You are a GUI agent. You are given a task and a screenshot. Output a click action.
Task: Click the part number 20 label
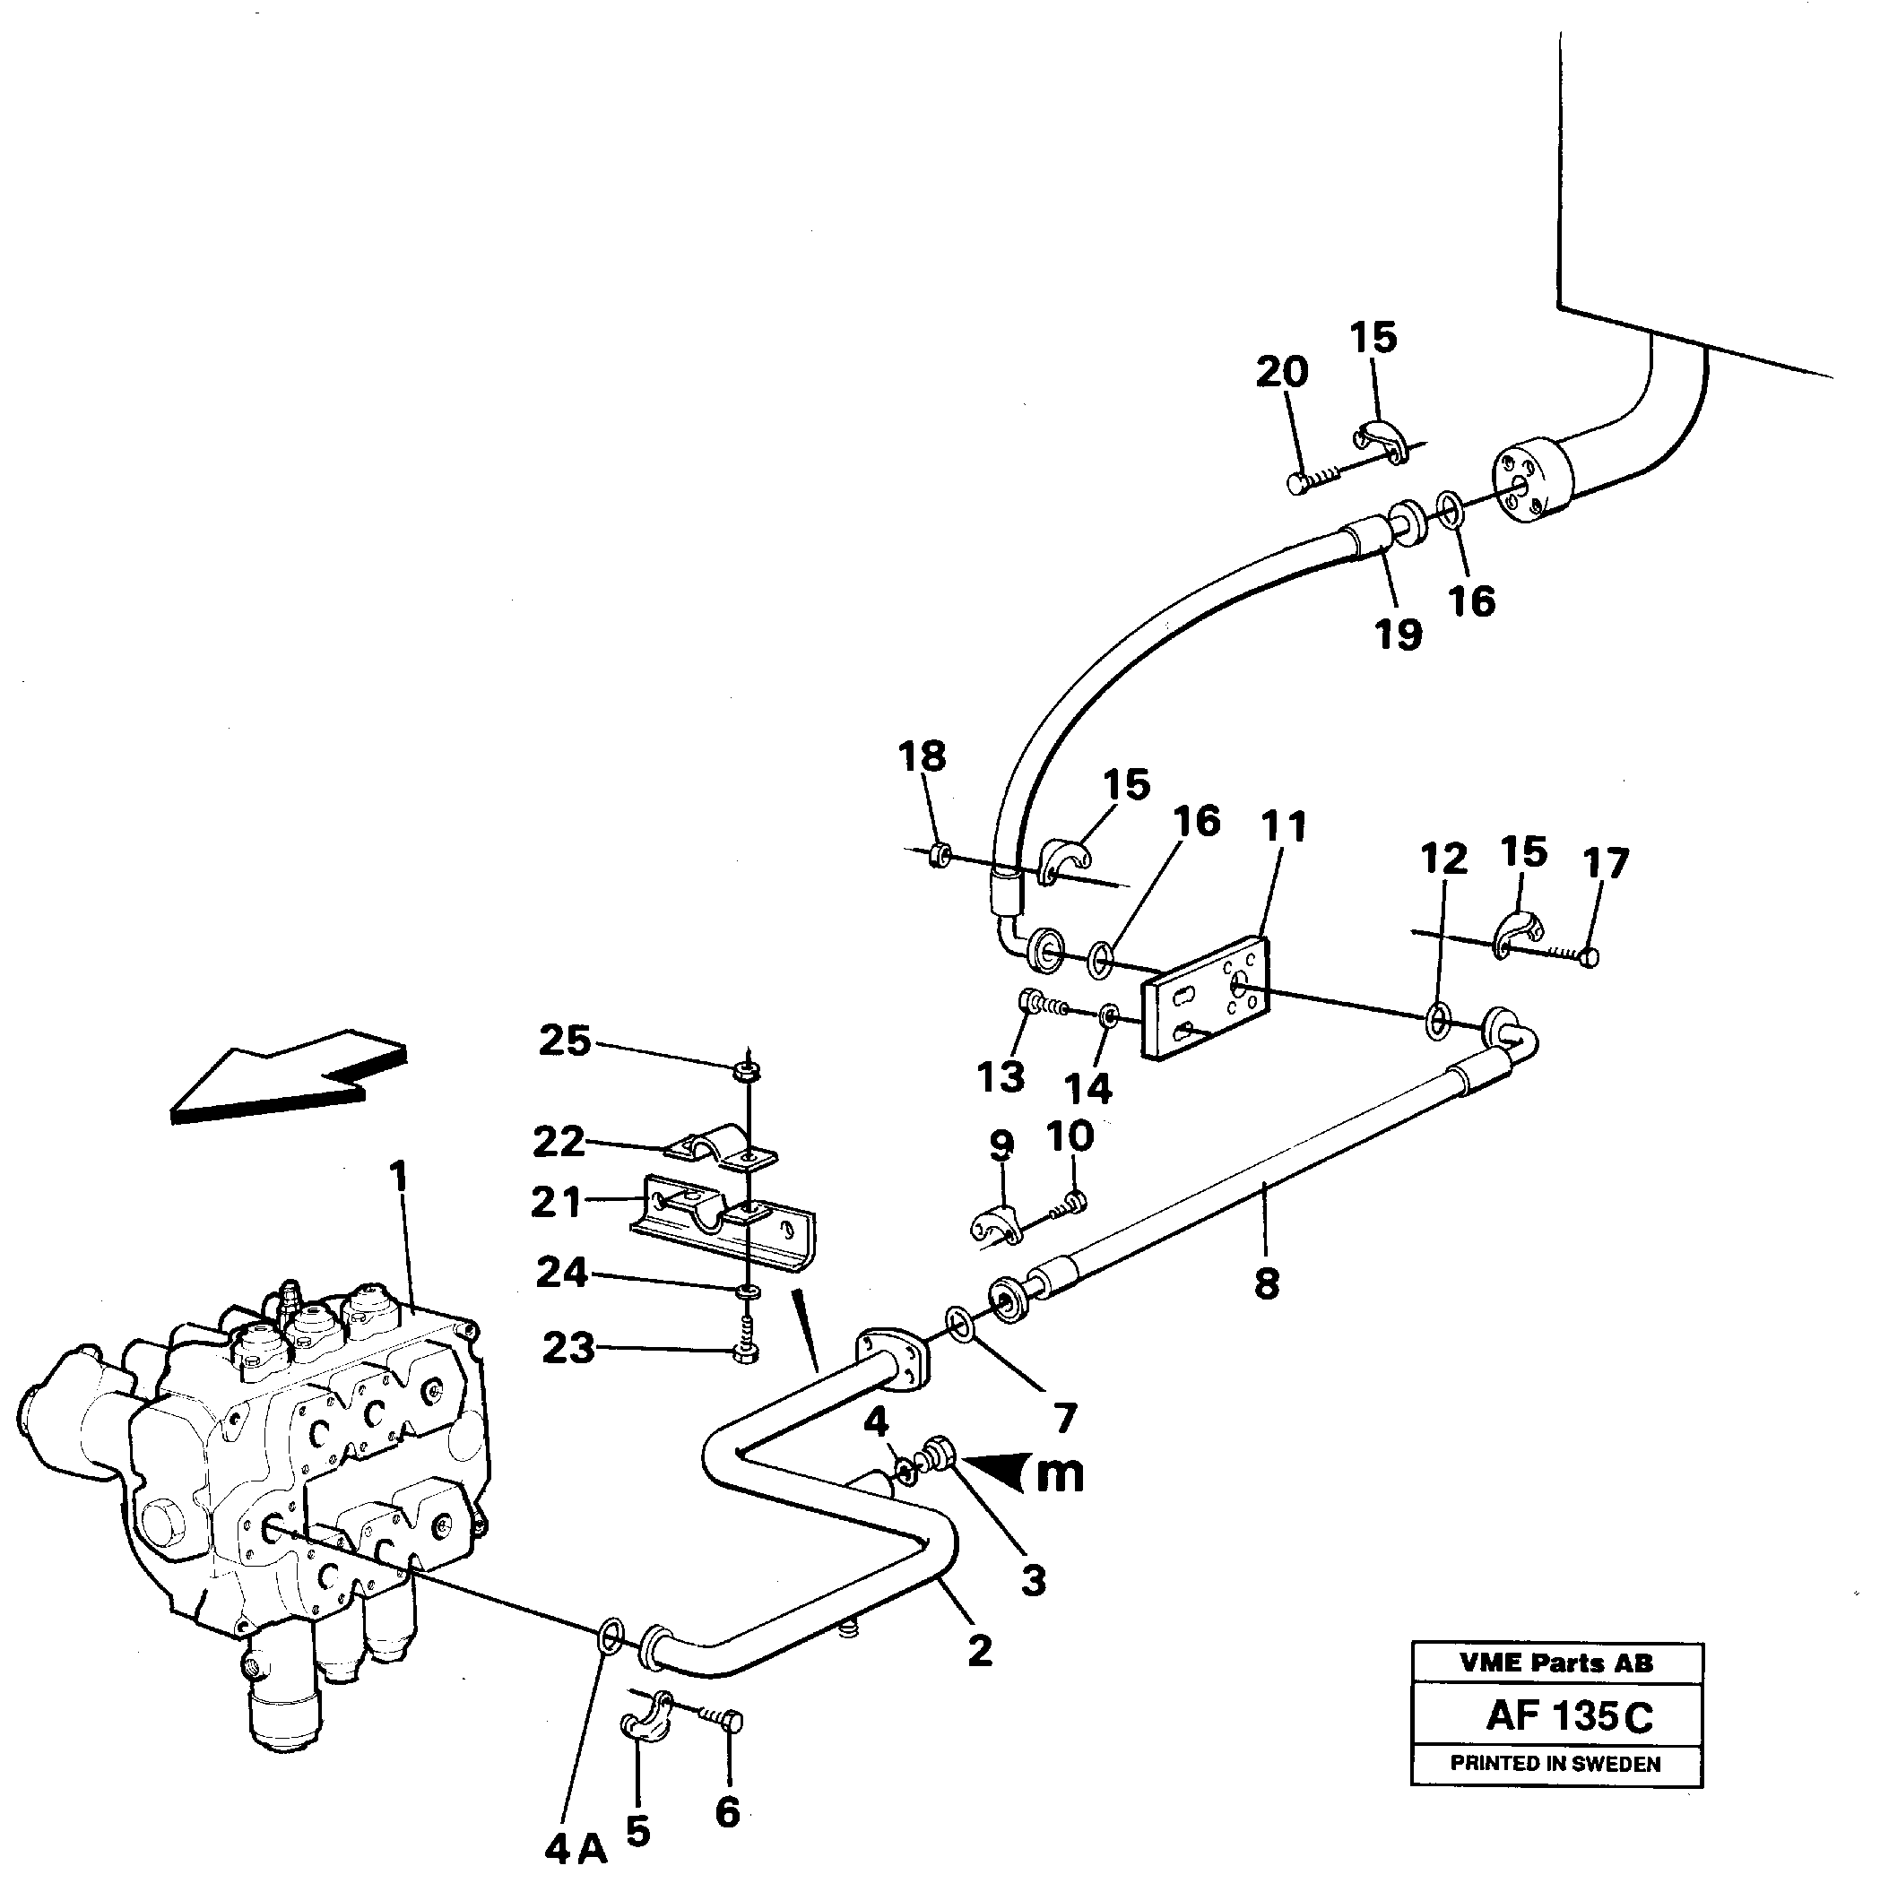[1281, 372]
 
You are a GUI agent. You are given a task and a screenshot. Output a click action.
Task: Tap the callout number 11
[1283, 827]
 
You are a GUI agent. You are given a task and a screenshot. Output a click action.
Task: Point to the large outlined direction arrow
[288, 1079]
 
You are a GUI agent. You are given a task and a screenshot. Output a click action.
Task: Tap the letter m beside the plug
[1059, 1474]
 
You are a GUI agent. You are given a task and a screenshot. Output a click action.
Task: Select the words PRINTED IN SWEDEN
[1555, 1763]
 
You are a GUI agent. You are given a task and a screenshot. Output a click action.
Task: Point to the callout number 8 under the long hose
[1266, 1284]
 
